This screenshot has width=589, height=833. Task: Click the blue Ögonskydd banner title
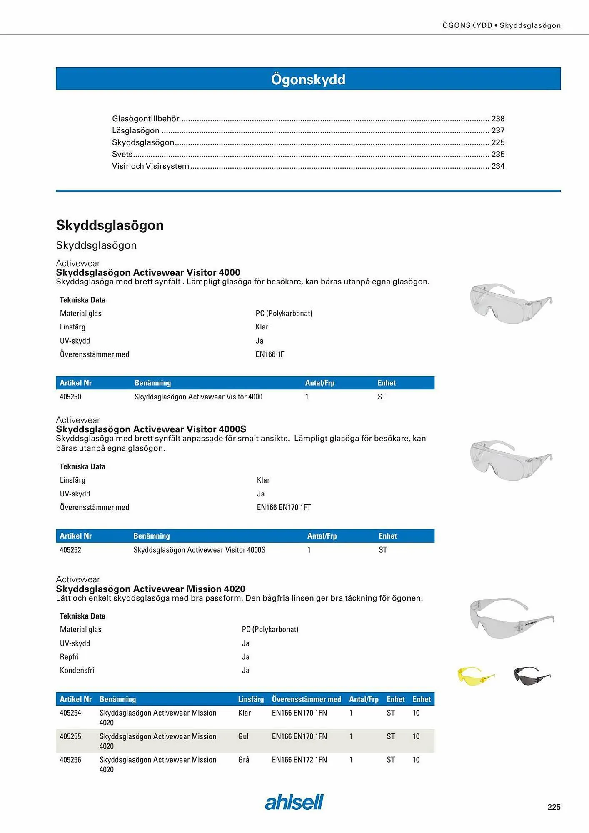pos(308,79)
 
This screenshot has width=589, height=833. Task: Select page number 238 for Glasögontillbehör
pos(498,119)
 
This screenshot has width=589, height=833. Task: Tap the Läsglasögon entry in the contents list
pos(136,131)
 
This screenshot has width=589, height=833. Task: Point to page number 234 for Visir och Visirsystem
pos(498,166)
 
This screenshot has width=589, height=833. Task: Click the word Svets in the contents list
pos(122,155)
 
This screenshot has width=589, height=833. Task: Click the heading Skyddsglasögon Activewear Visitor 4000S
pos(151,429)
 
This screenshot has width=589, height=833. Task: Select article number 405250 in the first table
pos(70,397)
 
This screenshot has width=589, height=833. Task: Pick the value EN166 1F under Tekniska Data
pos(270,354)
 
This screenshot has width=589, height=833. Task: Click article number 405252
pos(70,550)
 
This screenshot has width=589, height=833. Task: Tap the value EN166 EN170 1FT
pos(284,508)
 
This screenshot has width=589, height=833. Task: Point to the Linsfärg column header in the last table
pos(251,699)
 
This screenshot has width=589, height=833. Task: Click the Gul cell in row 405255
pos(243,736)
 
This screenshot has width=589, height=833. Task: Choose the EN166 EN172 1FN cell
pos(299,760)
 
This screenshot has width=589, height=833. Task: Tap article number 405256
pos(70,760)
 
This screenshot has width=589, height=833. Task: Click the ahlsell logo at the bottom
pos(294,802)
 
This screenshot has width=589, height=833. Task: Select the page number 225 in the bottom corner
pos(554,807)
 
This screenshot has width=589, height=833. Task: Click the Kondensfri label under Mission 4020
pos(77,670)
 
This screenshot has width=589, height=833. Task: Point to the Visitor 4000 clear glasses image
pos(510,303)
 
